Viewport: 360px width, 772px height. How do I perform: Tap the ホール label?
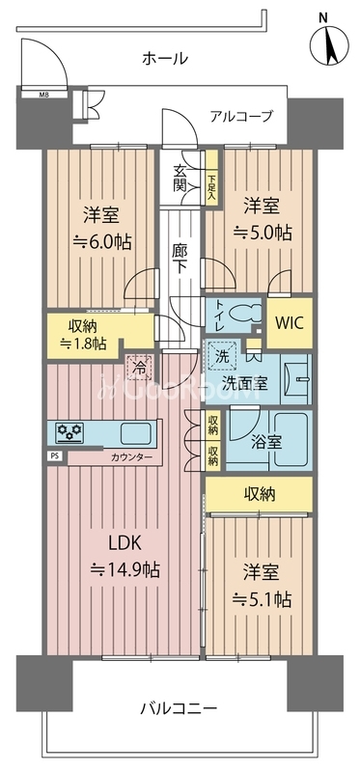click(165, 59)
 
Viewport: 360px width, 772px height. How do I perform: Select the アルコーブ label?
click(241, 116)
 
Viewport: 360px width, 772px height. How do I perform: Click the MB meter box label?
click(43, 95)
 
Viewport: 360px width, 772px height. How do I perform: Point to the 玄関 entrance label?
click(180, 179)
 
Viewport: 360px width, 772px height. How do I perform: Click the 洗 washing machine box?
click(223, 355)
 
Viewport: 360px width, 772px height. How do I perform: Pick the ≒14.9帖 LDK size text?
click(125, 570)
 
